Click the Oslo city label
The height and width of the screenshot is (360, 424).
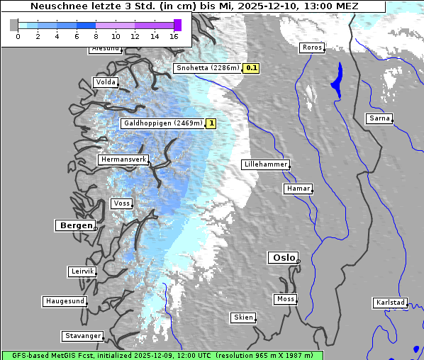[282, 258]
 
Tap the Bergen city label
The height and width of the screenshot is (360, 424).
[74, 225]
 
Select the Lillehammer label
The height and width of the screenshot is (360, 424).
[265, 164]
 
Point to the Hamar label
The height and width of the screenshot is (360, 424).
[297, 189]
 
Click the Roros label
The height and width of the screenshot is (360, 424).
[311, 48]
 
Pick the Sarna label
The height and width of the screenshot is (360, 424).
[379, 118]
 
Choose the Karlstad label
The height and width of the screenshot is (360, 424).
[390, 303]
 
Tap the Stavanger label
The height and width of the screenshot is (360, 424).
[82, 336]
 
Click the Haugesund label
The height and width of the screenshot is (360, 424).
[65, 301]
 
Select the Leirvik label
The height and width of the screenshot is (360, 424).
[82, 271]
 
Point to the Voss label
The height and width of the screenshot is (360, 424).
[121, 203]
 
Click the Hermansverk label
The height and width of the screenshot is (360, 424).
[123, 160]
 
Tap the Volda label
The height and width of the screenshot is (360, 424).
[105, 82]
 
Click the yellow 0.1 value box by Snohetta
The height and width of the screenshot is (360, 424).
[251, 69]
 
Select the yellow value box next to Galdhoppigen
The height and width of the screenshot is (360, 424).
[211, 123]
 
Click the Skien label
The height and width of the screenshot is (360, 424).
[242, 317]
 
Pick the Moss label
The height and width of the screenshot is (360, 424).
[285, 299]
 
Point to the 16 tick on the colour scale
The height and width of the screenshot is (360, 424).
[174, 35]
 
